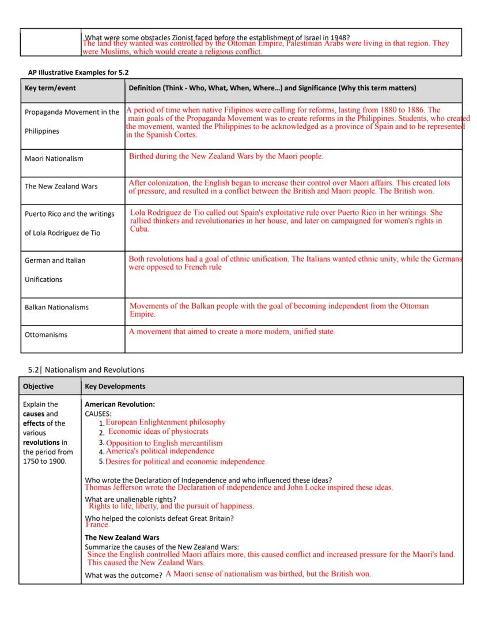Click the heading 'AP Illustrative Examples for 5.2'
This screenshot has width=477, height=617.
[x=78, y=72]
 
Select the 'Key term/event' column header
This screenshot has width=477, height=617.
[x=50, y=88]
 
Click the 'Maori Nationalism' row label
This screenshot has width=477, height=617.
[x=54, y=158]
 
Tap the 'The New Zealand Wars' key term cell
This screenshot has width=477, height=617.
[x=60, y=186]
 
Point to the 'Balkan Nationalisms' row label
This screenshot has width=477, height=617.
[x=56, y=307]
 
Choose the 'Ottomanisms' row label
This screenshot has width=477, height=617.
[x=46, y=335]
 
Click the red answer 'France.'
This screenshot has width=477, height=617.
[x=97, y=525]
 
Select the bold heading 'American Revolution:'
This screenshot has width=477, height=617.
[x=120, y=404]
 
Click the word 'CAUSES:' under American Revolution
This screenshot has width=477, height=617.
[x=98, y=414]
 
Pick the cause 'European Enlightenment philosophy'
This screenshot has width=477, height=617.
[x=165, y=422]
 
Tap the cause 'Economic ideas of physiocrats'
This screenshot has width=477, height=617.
[x=158, y=431]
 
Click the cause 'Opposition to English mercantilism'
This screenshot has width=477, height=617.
[x=164, y=443]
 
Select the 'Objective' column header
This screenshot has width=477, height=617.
[x=38, y=386]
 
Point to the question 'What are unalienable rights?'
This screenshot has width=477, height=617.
[x=131, y=498]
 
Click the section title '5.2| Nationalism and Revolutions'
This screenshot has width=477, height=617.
[x=86, y=369]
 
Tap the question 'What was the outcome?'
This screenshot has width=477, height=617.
[x=123, y=575]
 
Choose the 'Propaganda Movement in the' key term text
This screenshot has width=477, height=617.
[x=72, y=112]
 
